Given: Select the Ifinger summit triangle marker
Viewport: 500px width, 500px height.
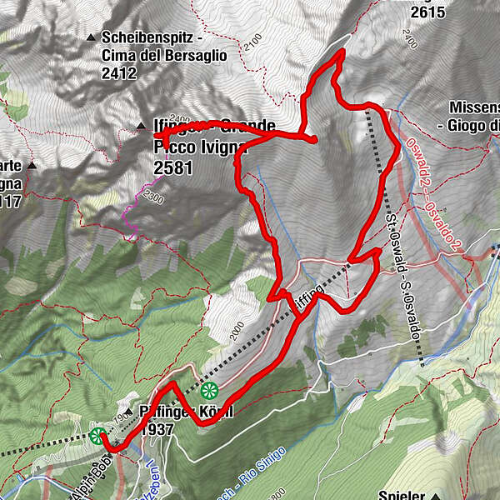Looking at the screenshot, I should coord(141,127).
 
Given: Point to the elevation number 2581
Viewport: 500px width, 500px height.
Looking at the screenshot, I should coord(173,168).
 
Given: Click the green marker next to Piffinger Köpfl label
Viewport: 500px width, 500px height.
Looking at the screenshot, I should coord(208,389).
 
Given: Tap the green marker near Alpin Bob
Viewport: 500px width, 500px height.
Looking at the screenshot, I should coord(98,434).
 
